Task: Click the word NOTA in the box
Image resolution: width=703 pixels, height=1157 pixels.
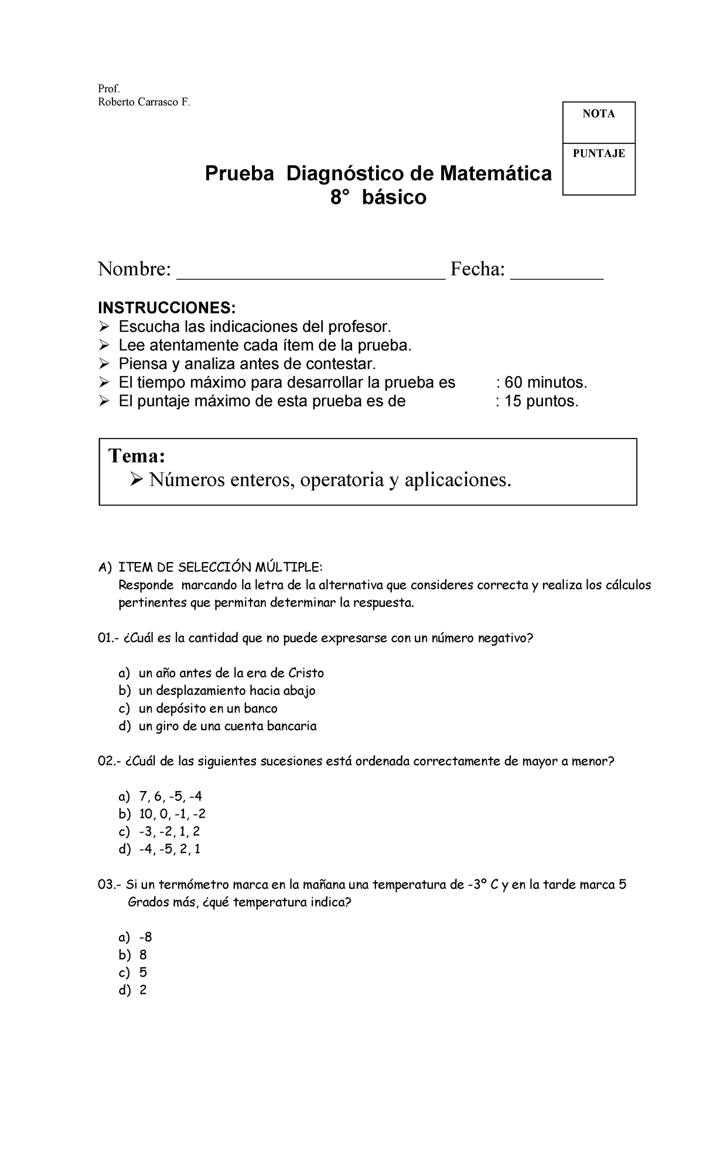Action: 598,114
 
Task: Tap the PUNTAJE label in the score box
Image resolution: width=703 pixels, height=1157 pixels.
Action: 599,153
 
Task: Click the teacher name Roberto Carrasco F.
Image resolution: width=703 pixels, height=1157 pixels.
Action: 144,102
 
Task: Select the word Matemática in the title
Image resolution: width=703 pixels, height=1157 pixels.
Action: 496,174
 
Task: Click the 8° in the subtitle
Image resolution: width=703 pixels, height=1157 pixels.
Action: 340,198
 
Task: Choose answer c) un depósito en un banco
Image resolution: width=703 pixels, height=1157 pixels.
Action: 207,708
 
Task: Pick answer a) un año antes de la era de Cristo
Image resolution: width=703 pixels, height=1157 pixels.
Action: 231,673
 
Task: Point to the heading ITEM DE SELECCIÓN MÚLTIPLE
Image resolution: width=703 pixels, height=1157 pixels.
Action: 220,567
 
